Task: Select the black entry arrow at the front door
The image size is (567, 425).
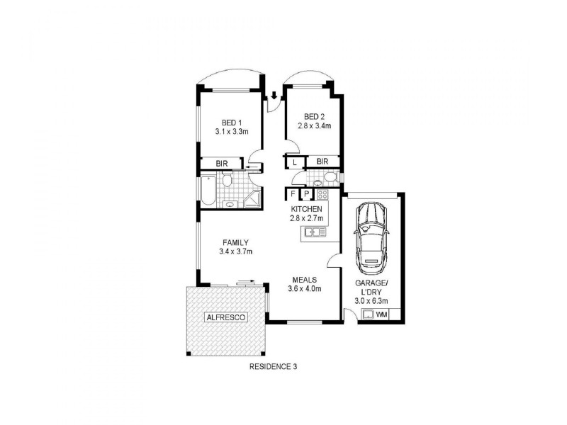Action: pos(274,96)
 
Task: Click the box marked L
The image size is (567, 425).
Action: pos(294,162)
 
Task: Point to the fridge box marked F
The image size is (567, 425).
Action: pos(292,193)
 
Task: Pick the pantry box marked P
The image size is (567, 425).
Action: pos(305,193)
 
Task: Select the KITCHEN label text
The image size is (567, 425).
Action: pos(307,209)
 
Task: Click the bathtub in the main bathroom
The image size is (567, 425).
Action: pos(207,191)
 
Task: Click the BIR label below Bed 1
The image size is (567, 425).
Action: pos(222,164)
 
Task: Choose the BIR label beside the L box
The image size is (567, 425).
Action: pos(323,162)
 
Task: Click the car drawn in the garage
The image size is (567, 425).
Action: pos(371,238)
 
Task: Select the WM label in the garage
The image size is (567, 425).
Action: pos(381,314)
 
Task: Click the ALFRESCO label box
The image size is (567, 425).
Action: pos(225,317)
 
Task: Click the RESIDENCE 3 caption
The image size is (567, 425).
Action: pos(273,367)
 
